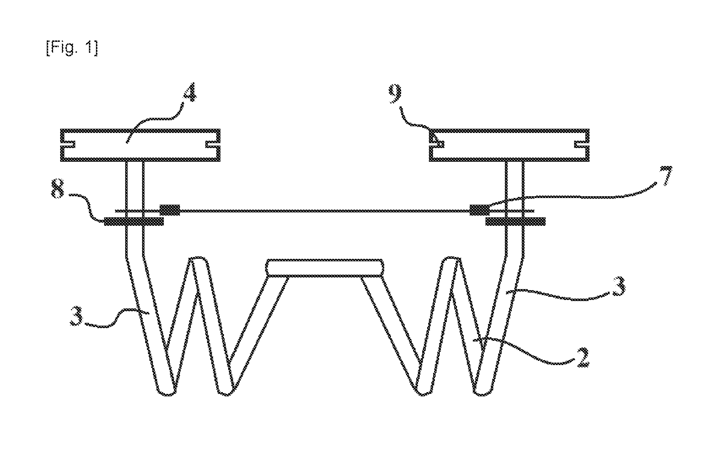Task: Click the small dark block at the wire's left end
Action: tap(170, 210)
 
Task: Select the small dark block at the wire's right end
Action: tap(480, 210)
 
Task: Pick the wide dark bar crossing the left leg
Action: tap(134, 221)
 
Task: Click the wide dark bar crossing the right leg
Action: tap(515, 221)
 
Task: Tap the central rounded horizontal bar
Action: tap(324, 268)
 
